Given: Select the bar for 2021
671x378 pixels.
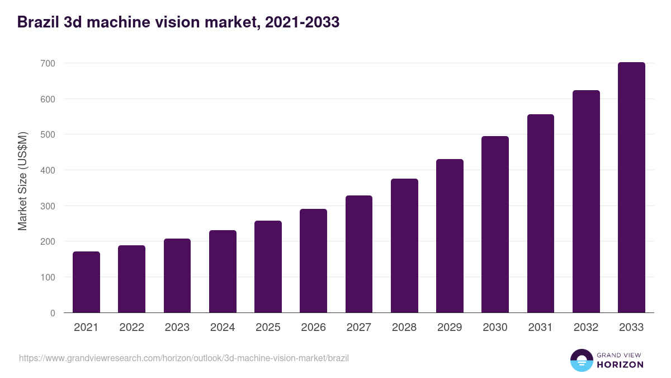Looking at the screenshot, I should [x=86, y=282].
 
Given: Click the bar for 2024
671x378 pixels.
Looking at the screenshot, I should [x=223, y=272].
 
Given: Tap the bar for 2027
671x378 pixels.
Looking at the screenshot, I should [x=358, y=254].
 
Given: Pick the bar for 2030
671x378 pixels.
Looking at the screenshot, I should [x=495, y=225].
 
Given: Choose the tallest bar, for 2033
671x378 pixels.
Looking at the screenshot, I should [x=631, y=188].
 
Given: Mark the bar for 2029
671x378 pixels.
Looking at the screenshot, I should [x=450, y=236].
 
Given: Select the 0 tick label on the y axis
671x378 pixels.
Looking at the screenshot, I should [x=52, y=313].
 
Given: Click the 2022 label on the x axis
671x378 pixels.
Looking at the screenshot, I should [x=131, y=328].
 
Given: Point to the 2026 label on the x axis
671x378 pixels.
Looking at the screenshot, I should [x=313, y=328].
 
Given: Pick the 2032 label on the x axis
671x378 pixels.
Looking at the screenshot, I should [x=586, y=328].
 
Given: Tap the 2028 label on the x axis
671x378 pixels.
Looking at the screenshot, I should [x=404, y=328].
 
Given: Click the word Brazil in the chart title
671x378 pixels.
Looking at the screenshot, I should [x=37, y=22].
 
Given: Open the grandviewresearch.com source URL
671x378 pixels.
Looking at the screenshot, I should [x=184, y=358].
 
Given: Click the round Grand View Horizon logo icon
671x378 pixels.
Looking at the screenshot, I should [x=581, y=360].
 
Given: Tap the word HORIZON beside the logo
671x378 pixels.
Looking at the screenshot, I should [x=620, y=365].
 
